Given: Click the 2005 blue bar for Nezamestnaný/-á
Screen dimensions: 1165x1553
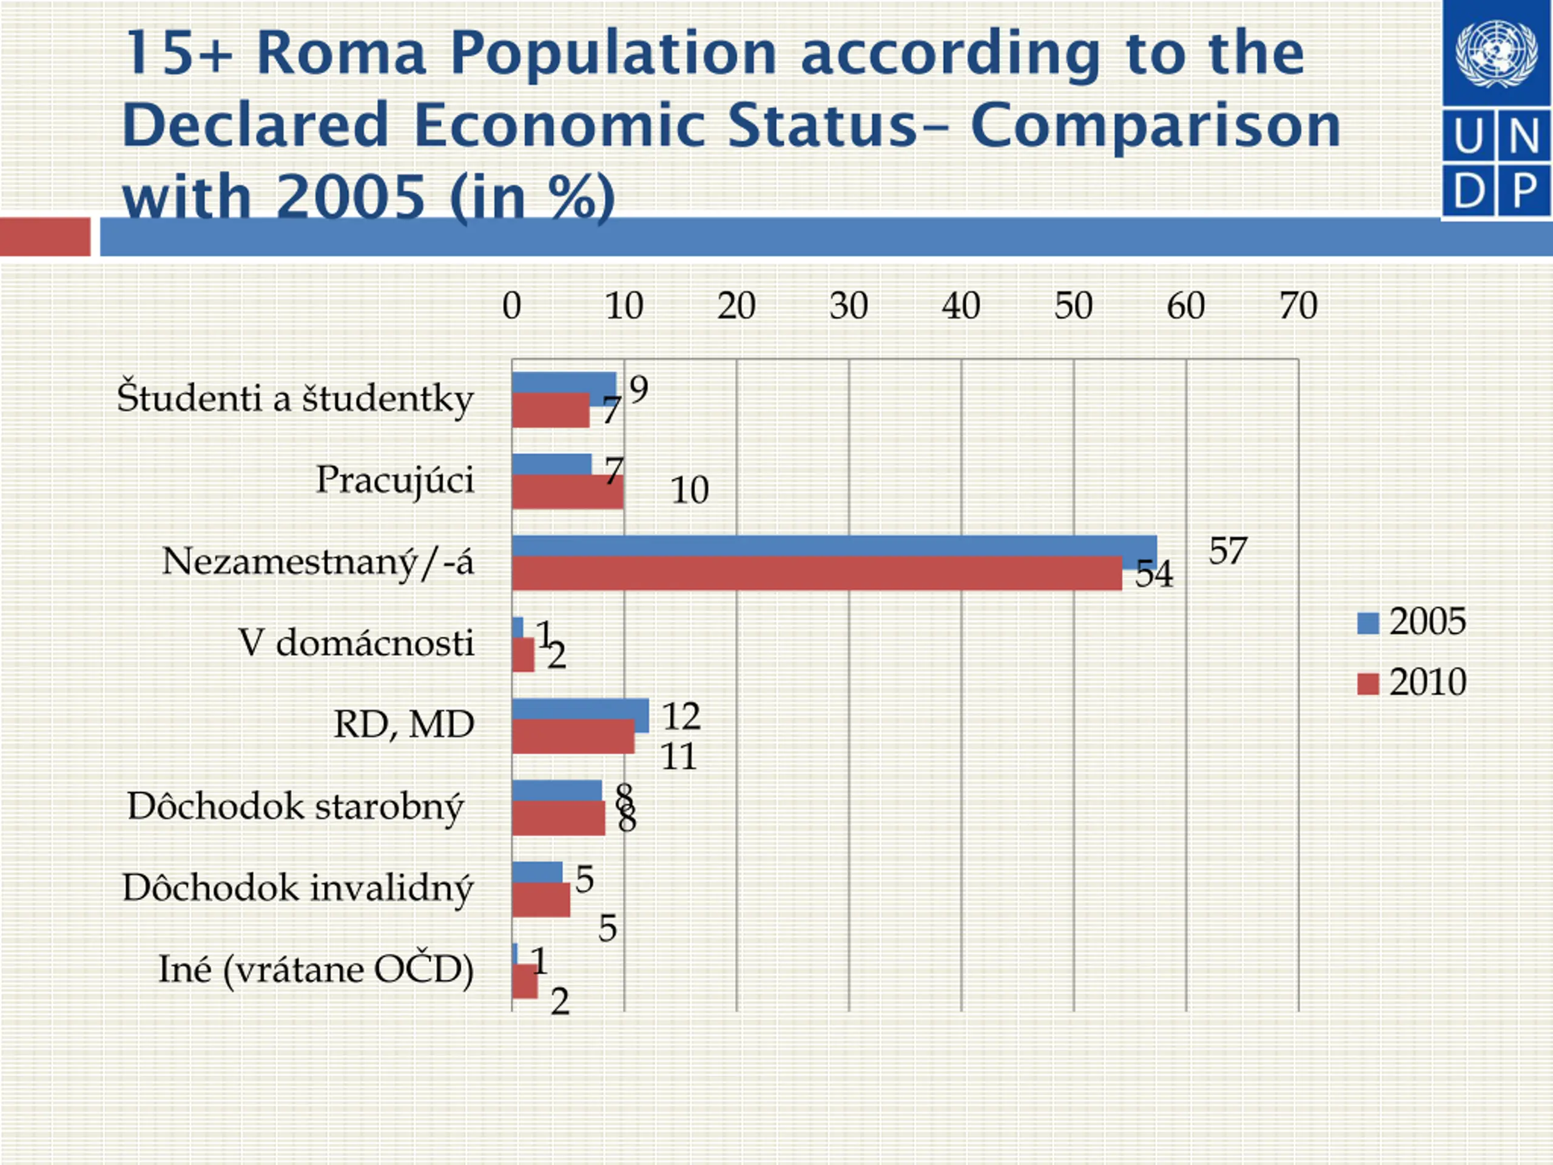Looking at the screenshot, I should coord(834,545).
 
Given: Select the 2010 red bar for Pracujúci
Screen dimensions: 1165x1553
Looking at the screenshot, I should coord(567,492).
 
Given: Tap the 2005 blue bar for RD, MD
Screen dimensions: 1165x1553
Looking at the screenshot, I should coord(580,709).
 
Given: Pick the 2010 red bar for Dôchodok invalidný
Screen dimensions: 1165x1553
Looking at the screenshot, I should coord(541,900).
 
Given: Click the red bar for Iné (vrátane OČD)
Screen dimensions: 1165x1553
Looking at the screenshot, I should coord(525,981).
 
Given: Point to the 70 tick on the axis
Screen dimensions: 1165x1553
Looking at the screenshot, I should coord(1298,306).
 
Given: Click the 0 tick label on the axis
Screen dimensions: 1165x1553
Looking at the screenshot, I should coord(512,306).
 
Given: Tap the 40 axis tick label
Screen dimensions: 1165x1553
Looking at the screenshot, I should coord(961,306).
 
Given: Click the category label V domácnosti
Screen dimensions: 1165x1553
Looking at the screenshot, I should coord(357,643).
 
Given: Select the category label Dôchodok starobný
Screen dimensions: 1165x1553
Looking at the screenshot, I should coord(295,807).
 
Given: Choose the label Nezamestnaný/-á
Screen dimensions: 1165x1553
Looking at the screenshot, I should coord(318,562).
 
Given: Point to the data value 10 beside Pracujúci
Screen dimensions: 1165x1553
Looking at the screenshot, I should coord(689,491).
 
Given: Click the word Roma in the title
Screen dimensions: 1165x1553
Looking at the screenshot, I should coord(341,53).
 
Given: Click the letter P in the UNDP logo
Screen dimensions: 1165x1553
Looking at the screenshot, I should coord(1524,191).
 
